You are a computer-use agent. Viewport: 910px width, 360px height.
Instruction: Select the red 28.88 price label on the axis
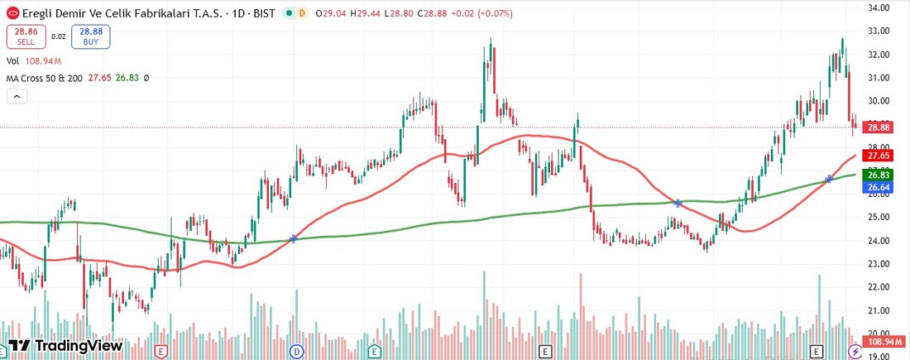[878, 127]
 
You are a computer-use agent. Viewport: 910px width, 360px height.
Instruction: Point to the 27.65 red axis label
[878, 156]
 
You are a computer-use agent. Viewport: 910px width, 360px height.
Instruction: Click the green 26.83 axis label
[878, 175]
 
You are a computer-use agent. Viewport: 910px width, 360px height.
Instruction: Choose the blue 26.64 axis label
[878, 188]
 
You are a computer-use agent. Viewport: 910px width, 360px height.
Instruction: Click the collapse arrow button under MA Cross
[17, 97]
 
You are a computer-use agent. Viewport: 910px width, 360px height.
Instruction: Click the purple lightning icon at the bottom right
[855, 351]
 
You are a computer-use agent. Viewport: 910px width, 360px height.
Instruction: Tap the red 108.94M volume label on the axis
[880, 341]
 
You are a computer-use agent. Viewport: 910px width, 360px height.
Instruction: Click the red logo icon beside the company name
[12, 14]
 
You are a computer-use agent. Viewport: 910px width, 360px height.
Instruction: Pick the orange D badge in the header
[301, 14]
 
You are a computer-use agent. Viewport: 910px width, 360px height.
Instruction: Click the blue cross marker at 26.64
[829, 180]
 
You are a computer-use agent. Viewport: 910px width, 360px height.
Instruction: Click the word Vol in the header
[12, 61]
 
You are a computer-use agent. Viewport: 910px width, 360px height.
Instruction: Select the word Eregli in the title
[40, 14]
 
